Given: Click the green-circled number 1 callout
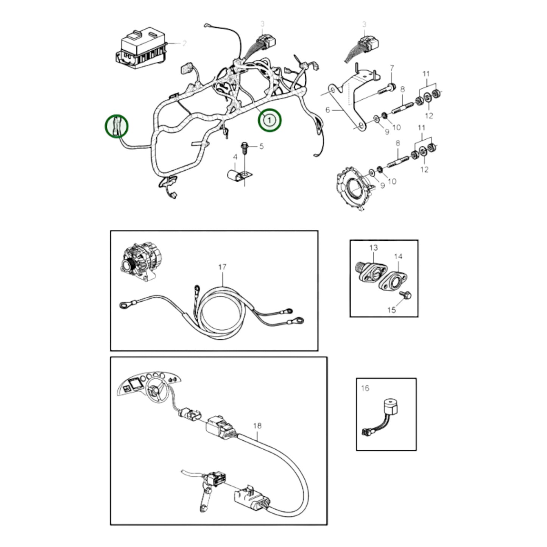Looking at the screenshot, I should click(270, 120).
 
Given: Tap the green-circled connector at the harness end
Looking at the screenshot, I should click(117, 126).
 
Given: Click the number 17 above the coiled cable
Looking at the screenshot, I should click(222, 267).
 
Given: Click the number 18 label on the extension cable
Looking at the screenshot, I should click(257, 426).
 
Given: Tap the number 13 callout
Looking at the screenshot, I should click(373, 248).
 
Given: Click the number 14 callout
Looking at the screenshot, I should click(398, 257).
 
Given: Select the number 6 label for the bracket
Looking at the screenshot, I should click(328, 110).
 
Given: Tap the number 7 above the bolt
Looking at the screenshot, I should click(392, 68).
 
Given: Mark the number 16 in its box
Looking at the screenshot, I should click(365, 388).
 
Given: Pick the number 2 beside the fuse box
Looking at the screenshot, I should click(184, 44).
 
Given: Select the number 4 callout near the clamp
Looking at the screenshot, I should click(235, 157).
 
